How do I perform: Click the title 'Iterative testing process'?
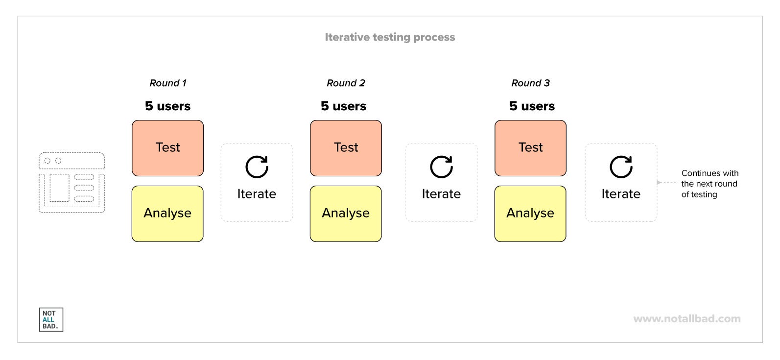(x=390, y=37)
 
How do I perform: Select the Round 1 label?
(x=168, y=83)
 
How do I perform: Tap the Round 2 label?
(x=346, y=83)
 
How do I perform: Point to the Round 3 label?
(x=530, y=83)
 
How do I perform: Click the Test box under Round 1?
(x=167, y=148)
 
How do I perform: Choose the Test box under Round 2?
(x=346, y=148)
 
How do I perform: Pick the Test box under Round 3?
(x=530, y=148)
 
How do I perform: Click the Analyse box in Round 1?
(x=167, y=214)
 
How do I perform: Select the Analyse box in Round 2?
(x=346, y=214)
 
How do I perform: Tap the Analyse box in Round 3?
(x=530, y=214)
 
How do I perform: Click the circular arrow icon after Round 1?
(x=257, y=167)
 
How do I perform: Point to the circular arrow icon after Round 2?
(x=441, y=167)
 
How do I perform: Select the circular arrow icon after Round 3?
(x=621, y=167)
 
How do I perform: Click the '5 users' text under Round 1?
(x=167, y=106)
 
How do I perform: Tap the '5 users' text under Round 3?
(x=532, y=106)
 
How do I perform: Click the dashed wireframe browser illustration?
(x=72, y=182)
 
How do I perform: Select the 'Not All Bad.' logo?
(x=51, y=320)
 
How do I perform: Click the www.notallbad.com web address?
(x=686, y=319)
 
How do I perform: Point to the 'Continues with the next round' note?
(x=709, y=184)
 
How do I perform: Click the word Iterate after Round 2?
(x=441, y=194)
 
